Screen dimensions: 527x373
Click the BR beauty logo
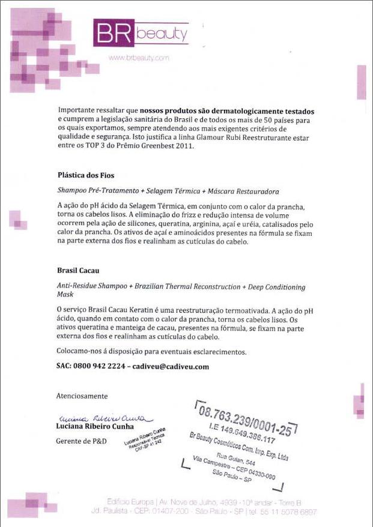click(x=141, y=34)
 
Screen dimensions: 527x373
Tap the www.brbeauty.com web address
click(x=139, y=58)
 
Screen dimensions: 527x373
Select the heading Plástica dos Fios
click(x=85, y=175)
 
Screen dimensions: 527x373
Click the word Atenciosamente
click(x=82, y=396)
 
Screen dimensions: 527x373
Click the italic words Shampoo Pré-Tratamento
click(x=93, y=191)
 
